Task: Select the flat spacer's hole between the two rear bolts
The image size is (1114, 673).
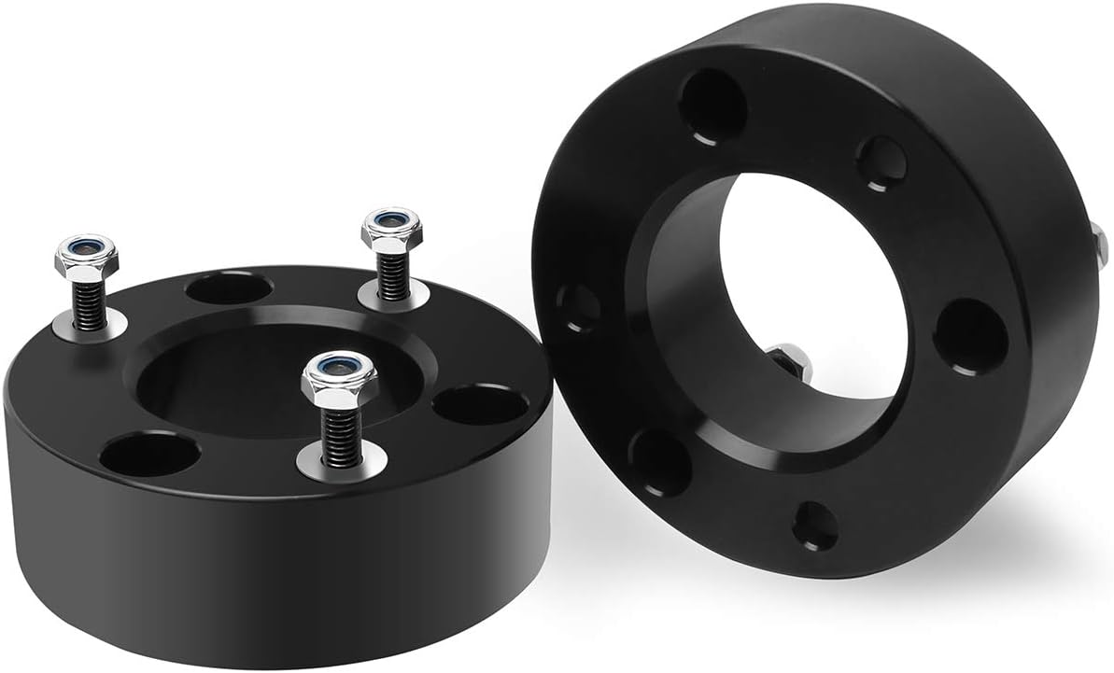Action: pyautogui.click(x=228, y=287)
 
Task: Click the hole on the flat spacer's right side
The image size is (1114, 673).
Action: pyautogui.click(x=480, y=404)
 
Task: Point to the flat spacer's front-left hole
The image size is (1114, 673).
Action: pyautogui.click(x=149, y=454)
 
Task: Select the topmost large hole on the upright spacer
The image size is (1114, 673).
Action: pyautogui.click(x=712, y=105)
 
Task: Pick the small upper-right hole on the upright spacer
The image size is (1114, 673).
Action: pyautogui.click(x=881, y=163)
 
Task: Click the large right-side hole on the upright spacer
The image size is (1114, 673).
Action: pyautogui.click(x=971, y=336)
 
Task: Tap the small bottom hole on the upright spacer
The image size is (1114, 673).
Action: pyautogui.click(x=815, y=526)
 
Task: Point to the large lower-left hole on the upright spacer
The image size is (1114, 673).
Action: pyautogui.click(x=659, y=460)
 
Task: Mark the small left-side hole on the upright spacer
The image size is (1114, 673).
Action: pyautogui.click(x=578, y=307)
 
